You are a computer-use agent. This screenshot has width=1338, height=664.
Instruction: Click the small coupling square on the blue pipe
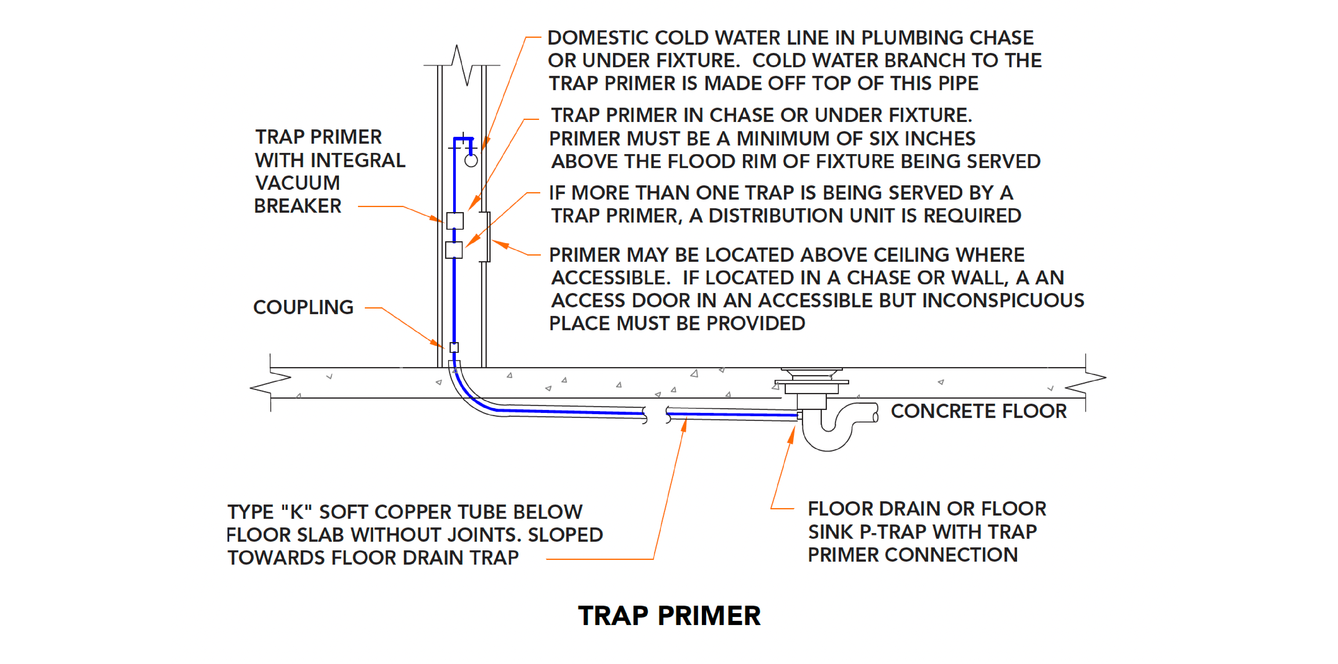tap(454, 347)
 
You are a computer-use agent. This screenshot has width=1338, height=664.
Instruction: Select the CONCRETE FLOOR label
tap(979, 411)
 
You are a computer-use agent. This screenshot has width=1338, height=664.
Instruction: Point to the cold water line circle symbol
tap(471, 161)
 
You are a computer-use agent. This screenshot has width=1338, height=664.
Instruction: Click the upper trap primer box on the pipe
tap(455, 221)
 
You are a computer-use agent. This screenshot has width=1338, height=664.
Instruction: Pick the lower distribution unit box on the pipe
tap(454, 250)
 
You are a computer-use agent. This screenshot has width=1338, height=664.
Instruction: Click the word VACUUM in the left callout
tap(298, 183)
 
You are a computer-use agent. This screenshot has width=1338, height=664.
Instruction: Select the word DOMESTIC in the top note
tap(598, 38)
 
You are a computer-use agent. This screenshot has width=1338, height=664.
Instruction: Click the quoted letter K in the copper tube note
tap(296, 512)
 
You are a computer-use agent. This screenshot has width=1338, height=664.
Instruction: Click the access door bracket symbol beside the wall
tap(486, 237)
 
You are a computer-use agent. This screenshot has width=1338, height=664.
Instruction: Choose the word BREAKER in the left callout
tap(298, 206)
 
